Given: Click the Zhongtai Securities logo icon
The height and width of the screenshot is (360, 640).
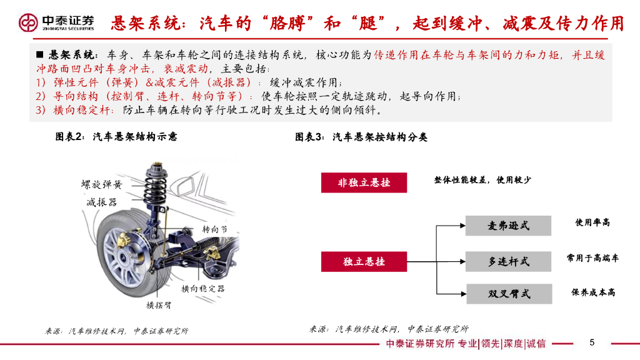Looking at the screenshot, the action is (x=28, y=22).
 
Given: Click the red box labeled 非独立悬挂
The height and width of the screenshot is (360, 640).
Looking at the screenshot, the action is (x=364, y=182).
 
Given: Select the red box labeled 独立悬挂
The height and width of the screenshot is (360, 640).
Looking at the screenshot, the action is (x=364, y=262).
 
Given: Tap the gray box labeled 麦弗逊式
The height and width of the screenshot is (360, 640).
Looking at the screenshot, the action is (x=509, y=226).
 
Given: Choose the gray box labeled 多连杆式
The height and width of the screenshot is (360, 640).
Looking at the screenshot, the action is (x=509, y=262).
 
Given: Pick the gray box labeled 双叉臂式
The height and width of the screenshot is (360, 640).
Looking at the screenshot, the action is (x=509, y=294).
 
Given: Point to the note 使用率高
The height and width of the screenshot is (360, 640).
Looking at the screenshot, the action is (x=592, y=222).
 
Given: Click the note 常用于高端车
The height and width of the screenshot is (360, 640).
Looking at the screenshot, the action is (x=592, y=258).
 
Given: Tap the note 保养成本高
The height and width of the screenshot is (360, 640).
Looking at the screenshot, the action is (x=593, y=292).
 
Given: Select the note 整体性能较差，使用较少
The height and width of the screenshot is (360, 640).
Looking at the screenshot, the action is (x=482, y=180).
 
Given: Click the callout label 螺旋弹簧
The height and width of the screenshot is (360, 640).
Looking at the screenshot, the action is (x=102, y=184).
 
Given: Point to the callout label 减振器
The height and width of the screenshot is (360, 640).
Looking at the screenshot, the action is (x=102, y=202).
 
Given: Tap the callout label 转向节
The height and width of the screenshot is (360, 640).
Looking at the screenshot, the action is (x=215, y=229).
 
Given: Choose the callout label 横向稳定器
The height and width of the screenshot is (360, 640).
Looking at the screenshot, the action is (x=203, y=289).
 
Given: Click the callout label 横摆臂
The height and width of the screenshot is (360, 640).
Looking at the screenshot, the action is (x=159, y=305).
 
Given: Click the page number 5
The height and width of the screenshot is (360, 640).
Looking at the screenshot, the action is (x=592, y=342).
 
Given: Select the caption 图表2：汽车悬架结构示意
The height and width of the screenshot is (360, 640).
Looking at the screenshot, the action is (x=116, y=137).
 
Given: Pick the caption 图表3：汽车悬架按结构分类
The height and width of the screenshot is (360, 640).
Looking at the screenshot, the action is (x=361, y=137).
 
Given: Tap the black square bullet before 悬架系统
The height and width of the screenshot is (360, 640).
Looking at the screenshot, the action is (x=39, y=55).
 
